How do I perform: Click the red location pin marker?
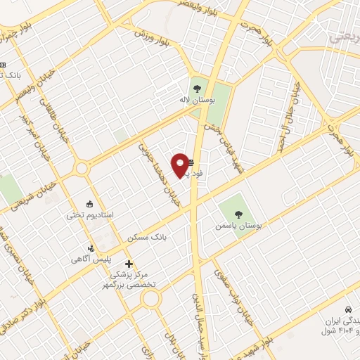[181, 165]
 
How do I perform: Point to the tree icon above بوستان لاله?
[196, 89]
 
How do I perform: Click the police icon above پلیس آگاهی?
[90, 247]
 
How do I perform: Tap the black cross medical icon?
[128, 264]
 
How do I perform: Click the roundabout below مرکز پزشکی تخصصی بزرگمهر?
[150, 300]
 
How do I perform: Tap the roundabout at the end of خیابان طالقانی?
[82, 168]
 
